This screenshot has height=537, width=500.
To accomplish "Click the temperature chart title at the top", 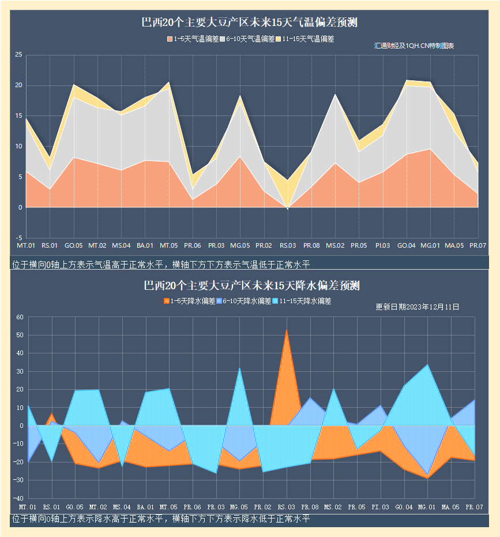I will coord(250,23).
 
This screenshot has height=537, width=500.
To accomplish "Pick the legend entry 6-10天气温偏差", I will coord(246,39).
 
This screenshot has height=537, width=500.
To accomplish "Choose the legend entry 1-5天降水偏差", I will coord(190,301).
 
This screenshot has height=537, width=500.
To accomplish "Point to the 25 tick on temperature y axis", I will coord(18,55).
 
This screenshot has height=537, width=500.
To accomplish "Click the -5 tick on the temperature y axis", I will coord(18,238).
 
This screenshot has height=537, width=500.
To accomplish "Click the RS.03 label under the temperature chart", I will coord(288,247).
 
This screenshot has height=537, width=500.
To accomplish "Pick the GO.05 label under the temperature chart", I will coord(74,247).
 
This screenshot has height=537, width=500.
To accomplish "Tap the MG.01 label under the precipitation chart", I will coord(426,507).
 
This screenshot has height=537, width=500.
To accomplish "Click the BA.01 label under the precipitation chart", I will coord(145,507).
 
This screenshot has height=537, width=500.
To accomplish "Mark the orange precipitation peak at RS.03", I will coord(286,331).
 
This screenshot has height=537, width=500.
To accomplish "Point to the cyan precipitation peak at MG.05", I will coord(240,369).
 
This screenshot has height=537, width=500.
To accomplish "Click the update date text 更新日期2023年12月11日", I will coord(417,307).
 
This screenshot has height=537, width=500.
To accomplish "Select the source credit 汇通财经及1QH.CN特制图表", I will coord(413,46).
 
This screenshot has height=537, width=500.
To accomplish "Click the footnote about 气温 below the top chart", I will coord(161,264).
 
